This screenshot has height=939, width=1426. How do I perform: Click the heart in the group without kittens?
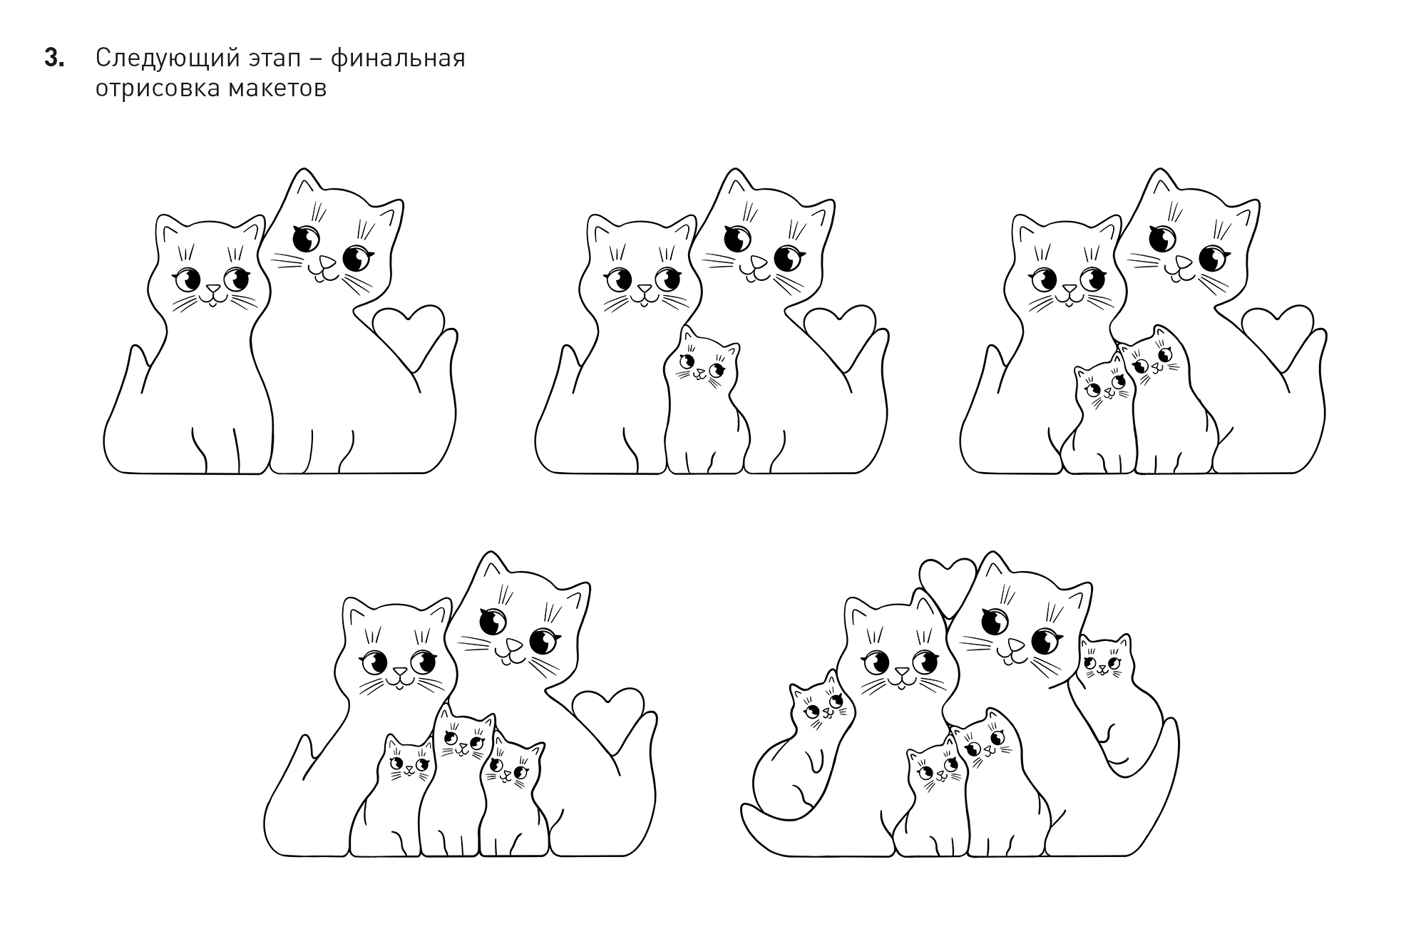click(x=409, y=332)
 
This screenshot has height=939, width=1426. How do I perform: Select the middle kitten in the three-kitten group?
click(x=458, y=784)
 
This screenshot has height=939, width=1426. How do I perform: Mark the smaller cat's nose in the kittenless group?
click(x=212, y=290)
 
